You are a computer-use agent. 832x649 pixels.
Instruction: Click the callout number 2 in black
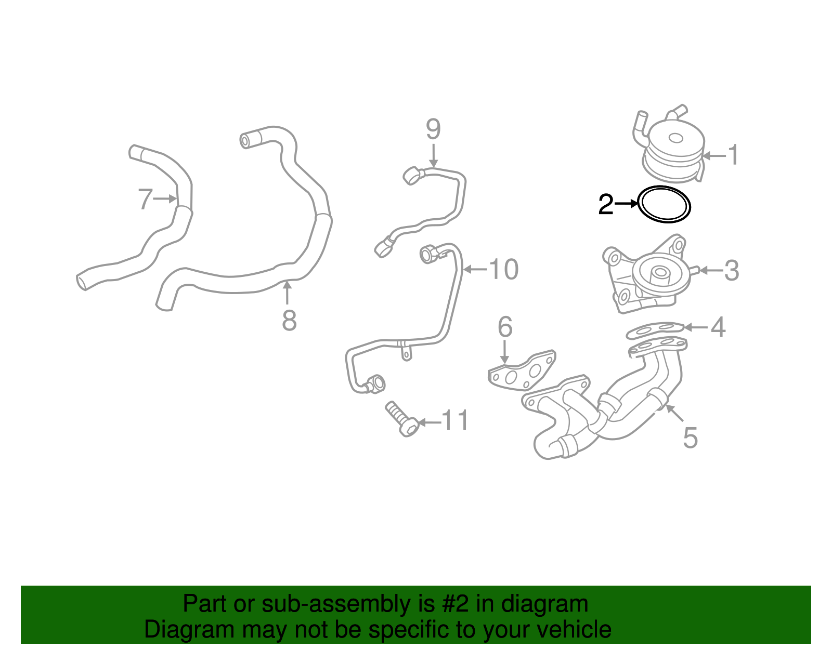click(606, 205)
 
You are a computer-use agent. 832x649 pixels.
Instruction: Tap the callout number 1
click(733, 155)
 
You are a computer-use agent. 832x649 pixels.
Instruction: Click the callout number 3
click(732, 271)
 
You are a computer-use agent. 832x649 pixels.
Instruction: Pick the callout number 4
click(718, 327)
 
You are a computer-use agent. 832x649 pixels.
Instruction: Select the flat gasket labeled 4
click(655, 329)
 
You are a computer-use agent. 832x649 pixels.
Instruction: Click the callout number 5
click(690, 438)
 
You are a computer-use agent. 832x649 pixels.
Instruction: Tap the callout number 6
click(505, 327)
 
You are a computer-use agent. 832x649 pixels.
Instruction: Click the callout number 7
click(145, 199)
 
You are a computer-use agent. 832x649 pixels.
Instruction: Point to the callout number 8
click(289, 321)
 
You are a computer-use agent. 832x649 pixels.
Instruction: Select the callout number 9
click(433, 129)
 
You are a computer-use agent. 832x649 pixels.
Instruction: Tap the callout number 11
click(456, 420)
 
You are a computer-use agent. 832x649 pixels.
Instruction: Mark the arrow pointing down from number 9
click(433, 156)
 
